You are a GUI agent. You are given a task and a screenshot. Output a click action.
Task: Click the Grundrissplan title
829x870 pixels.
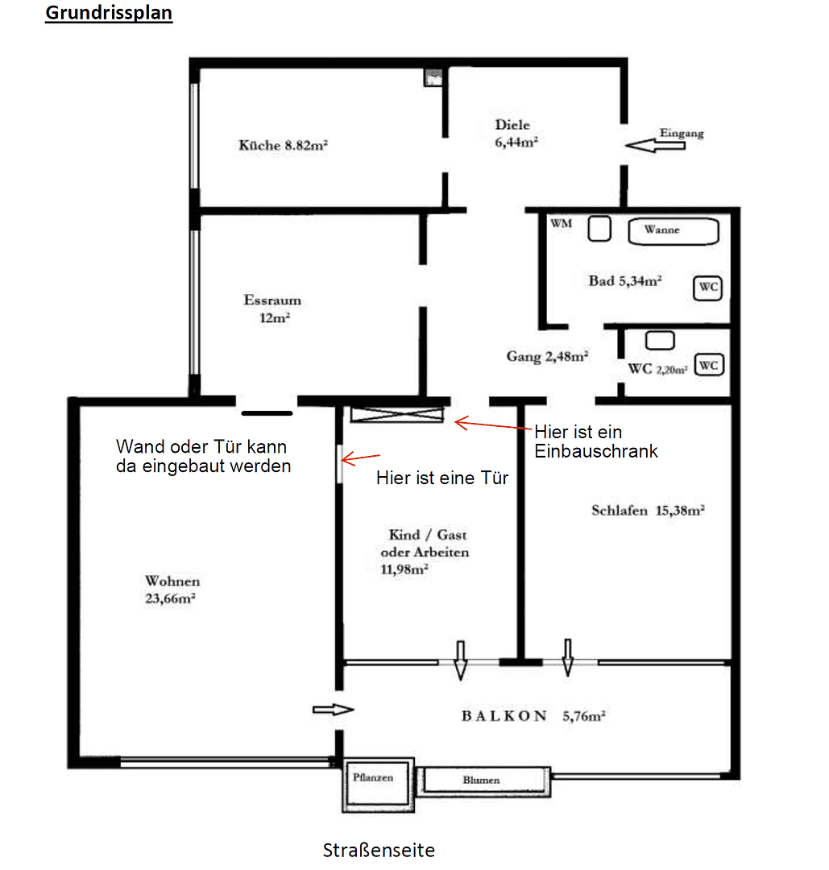coord(108,14)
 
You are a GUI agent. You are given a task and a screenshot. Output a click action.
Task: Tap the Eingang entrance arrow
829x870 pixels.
coord(653,146)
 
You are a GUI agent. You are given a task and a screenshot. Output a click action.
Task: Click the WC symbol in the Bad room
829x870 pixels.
coord(707,287)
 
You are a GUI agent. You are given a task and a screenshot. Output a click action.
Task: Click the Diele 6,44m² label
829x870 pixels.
coord(516,133)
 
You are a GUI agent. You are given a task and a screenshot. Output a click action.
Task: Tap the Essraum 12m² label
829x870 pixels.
coord(272,309)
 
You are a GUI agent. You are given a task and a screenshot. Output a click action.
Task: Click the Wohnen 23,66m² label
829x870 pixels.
coord(172,589)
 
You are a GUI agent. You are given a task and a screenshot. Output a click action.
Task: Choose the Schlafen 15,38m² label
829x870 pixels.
coord(649,510)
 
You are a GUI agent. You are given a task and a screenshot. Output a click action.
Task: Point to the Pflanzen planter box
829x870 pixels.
coord(374,785)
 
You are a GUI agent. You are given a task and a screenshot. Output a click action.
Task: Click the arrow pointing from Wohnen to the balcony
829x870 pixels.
coord(332,710)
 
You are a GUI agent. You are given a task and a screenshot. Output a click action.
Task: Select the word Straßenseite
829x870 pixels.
coord(379,850)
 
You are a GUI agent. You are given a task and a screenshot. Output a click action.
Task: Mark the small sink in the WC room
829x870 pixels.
coord(660,339)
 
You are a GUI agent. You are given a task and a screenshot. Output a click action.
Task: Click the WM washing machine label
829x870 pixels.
coord(562,223)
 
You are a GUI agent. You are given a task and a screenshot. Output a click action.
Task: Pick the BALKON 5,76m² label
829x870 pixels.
coord(533,715)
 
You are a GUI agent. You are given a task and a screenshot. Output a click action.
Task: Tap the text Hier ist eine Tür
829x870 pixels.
coord(442,477)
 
